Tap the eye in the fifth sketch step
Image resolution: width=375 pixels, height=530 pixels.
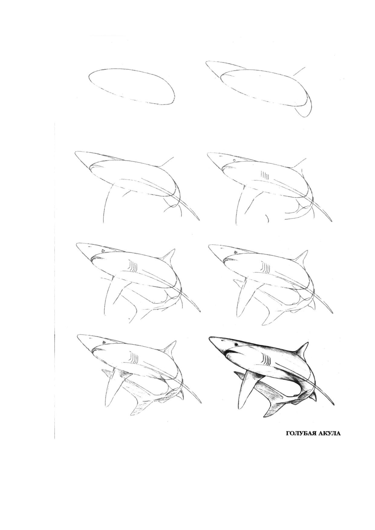103,251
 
